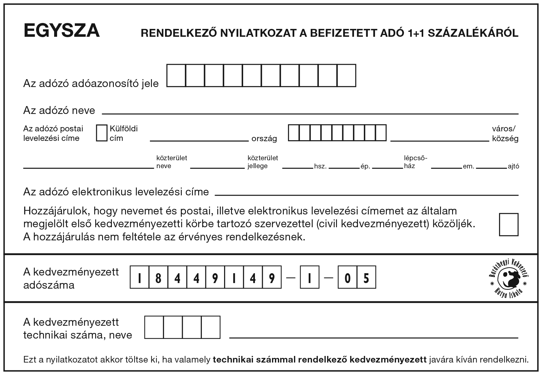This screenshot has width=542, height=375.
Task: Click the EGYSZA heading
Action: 62,31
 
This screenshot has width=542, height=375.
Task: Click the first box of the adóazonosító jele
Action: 176,76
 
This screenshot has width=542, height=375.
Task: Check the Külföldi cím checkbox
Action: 102,133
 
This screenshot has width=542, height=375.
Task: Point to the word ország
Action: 264,139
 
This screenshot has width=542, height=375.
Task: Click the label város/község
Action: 505,133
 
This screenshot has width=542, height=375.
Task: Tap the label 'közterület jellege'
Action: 263,162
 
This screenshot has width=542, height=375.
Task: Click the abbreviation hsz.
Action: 320,166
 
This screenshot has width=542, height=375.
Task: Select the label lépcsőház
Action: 415,162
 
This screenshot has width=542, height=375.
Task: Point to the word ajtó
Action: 513,166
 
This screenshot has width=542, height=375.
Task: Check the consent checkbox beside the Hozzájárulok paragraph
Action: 509,225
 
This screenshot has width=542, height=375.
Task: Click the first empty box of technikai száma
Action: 154,327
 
